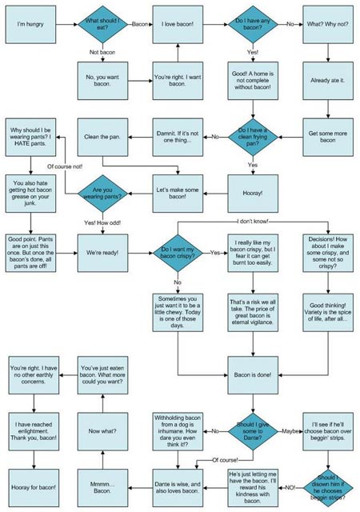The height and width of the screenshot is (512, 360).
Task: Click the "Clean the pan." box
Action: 105,137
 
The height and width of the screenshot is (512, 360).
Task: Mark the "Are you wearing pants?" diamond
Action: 105,192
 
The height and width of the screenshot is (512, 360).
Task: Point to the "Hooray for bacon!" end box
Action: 30,486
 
